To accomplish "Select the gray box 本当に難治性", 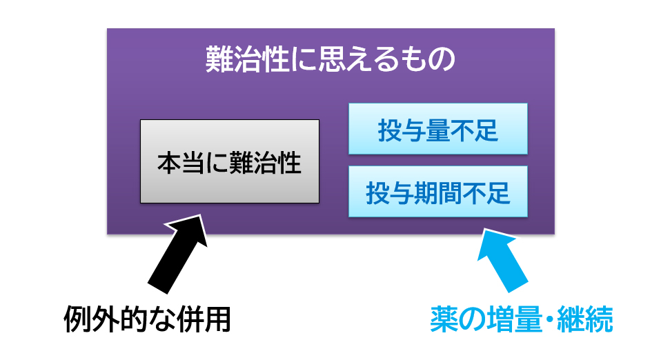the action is (x=230, y=161).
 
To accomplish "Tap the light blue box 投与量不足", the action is (x=438, y=129).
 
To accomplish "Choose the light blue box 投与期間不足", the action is (x=438, y=192).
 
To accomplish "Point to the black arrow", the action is (x=177, y=254).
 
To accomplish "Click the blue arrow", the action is (x=503, y=260).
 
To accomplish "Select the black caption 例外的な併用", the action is (x=148, y=319).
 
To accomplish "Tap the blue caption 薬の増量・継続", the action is (x=521, y=319).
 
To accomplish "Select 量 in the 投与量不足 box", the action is (x=437, y=130).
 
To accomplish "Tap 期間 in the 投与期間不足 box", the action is (x=438, y=193).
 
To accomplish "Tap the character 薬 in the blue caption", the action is (x=444, y=319).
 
